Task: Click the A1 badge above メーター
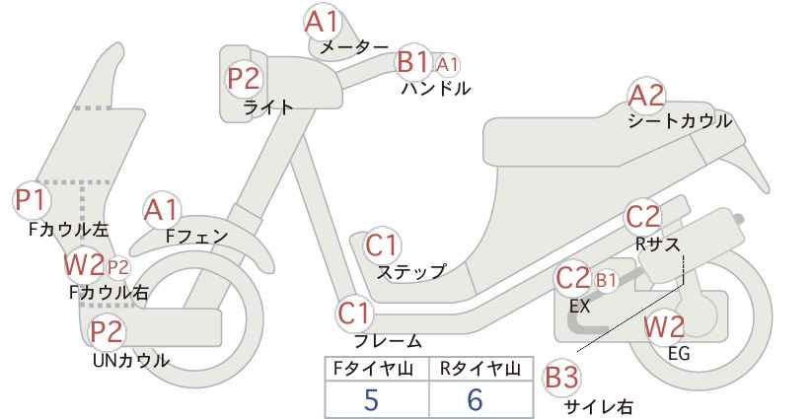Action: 322,22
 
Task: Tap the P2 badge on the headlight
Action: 244,79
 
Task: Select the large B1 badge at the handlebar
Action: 413,62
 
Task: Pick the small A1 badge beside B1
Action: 447,65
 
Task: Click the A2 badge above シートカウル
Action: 646,96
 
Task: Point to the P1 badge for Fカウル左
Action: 31,200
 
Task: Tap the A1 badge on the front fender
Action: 162,211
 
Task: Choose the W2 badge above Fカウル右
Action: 84,264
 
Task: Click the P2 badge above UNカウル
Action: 107,331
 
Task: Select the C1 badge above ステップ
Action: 382,245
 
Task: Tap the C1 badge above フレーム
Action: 354,314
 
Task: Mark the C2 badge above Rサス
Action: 643,217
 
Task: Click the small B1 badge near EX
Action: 606,280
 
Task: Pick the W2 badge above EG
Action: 664,327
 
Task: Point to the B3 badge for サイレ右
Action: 561,378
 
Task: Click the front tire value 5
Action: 371,400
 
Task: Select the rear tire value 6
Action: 475,400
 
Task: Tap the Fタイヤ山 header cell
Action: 377,369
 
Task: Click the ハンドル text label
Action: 436,89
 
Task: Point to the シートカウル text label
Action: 680,121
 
